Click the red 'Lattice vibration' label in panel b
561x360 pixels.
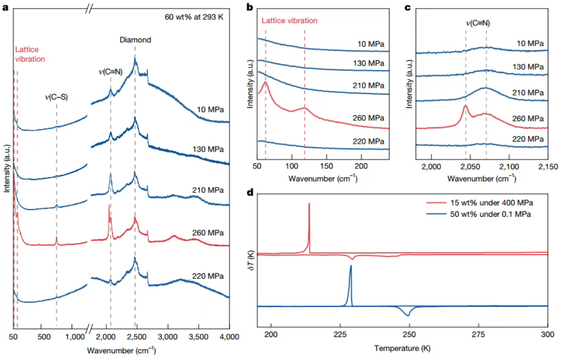click(x=289, y=20)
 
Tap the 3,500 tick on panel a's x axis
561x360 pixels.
click(x=198, y=337)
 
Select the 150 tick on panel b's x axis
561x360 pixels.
click(x=326, y=168)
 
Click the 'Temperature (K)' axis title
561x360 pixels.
click(x=402, y=348)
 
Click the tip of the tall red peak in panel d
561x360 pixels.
click(x=309, y=203)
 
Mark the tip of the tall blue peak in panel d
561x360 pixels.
click(x=351, y=266)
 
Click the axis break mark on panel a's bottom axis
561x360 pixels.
click(x=89, y=329)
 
